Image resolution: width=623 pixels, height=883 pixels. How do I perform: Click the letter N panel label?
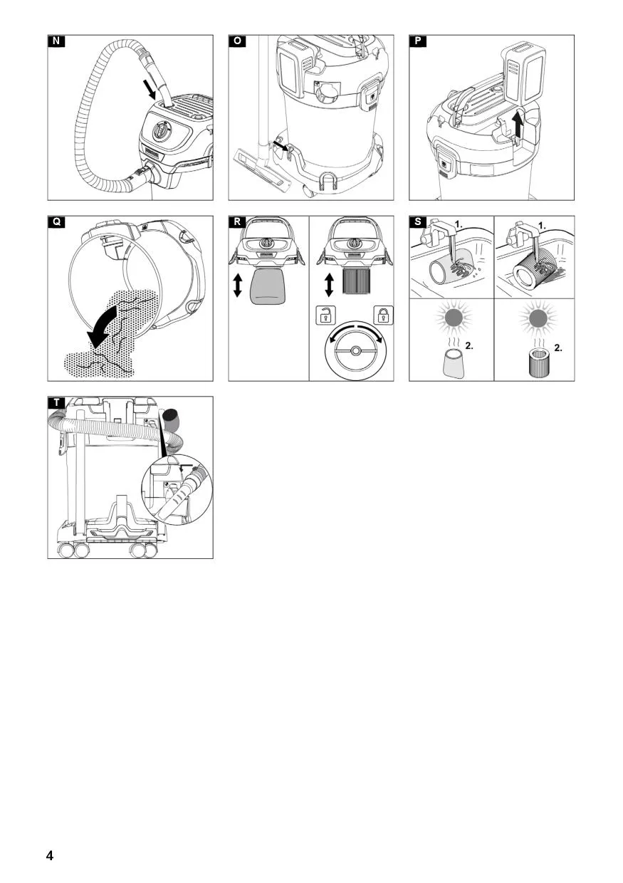(56, 41)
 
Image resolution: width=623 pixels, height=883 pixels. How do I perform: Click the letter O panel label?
(237, 41)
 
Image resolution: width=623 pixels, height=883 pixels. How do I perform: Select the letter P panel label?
(418, 41)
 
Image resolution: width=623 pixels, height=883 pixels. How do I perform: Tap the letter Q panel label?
(56, 222)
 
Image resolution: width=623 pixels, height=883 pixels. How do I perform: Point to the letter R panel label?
(237, 222)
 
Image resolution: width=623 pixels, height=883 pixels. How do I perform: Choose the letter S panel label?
(418, 222)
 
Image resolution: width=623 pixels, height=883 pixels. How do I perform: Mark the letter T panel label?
(56, 403)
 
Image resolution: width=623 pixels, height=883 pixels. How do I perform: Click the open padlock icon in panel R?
(325, 315)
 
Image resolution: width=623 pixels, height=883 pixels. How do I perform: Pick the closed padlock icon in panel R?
(384, 315)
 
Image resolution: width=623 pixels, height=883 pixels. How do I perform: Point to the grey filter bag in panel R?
(268, 286)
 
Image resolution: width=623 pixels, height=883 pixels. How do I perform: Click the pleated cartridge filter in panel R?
(355, 281)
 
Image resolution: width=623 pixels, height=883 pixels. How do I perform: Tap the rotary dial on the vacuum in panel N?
(162, 130)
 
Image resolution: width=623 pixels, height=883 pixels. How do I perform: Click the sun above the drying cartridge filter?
(536, 318)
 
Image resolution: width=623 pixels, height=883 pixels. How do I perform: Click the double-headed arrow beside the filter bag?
(237, 286)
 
